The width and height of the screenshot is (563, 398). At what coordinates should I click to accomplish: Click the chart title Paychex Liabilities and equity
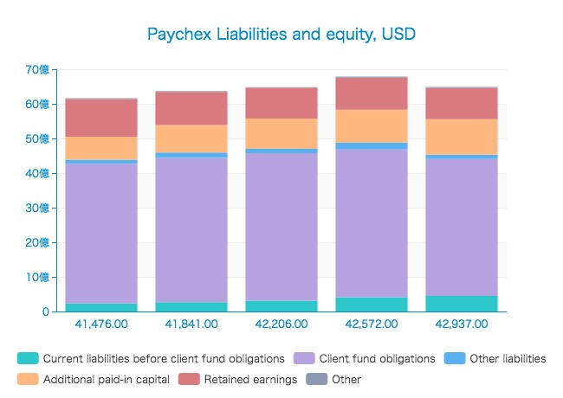point(281,35)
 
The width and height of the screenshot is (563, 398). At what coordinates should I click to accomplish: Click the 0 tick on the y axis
point(44,311)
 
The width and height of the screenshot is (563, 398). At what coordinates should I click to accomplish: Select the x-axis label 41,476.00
point(101,324)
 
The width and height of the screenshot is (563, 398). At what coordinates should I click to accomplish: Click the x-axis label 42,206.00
point(281,324)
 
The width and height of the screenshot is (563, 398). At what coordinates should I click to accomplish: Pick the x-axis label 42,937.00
point(462,324)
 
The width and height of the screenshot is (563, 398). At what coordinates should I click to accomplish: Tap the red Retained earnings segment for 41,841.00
point(191,108)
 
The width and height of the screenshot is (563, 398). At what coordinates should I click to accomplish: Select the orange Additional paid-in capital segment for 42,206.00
point(281,133)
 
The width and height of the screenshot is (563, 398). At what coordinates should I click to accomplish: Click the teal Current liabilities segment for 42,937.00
point(462,304)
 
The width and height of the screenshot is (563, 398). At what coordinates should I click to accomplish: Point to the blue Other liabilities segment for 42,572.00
point(372,146)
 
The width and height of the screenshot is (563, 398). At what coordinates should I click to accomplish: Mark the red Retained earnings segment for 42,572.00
point(372,93)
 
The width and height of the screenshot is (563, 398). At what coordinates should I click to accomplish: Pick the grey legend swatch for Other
point(316,379)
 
